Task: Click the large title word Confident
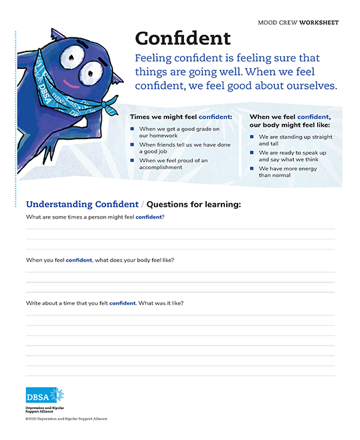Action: pyautogui.click(x=183, y=37)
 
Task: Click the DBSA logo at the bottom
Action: pyautogui.click(x=45, y=395)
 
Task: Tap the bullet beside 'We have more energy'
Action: pyautogui.click(x=252, y=168)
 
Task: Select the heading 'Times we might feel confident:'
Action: pyautogui.click(x=181, y=116)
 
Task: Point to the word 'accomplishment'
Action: pyautogui.click(x=161, y=167)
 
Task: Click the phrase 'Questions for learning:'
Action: pyautogui.click(x=193, y=204)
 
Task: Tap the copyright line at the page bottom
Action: pyautogui.click(x=67, y=419)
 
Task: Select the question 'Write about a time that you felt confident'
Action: pyautogui.click(x=104, y=303)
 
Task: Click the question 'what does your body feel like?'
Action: pyautogui.click(x=134, y=259)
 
